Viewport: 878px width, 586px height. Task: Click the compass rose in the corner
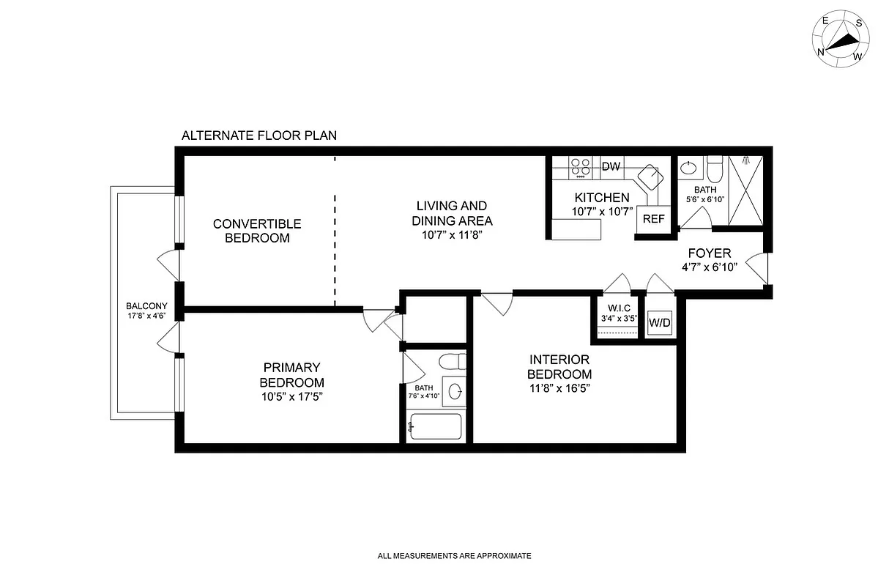[x=841, y=37]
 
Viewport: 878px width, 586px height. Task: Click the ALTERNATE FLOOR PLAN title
[x=258, y=136]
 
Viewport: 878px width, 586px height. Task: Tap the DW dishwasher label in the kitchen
[x=611, y=166]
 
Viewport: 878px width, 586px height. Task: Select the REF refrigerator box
[x=653, y=218]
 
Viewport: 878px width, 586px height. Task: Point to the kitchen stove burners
[x=581, y=168]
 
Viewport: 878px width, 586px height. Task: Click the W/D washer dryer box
[x=659, y=323]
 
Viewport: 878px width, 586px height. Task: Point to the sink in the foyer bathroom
[x=688, y=168]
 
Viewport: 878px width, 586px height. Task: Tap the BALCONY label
[x=147, y=306]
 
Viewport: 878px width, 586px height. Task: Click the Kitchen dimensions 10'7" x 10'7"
[x=601, y=212]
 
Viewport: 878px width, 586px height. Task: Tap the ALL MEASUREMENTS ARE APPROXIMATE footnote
[x=454, y=556]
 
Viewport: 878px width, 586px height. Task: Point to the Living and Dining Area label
[x=451, y=213]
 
